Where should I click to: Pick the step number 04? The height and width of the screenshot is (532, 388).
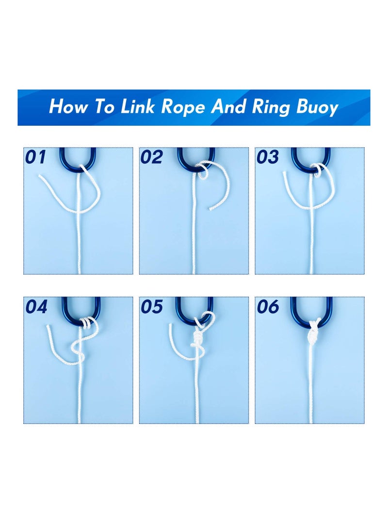click(36, 307)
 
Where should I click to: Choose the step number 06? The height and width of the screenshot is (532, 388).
click(268, 307)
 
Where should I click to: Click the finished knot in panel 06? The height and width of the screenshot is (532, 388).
click(311, 332)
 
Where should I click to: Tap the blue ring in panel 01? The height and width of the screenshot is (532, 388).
click(77, 160)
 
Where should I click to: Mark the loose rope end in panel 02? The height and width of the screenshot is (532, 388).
click(210, 209)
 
